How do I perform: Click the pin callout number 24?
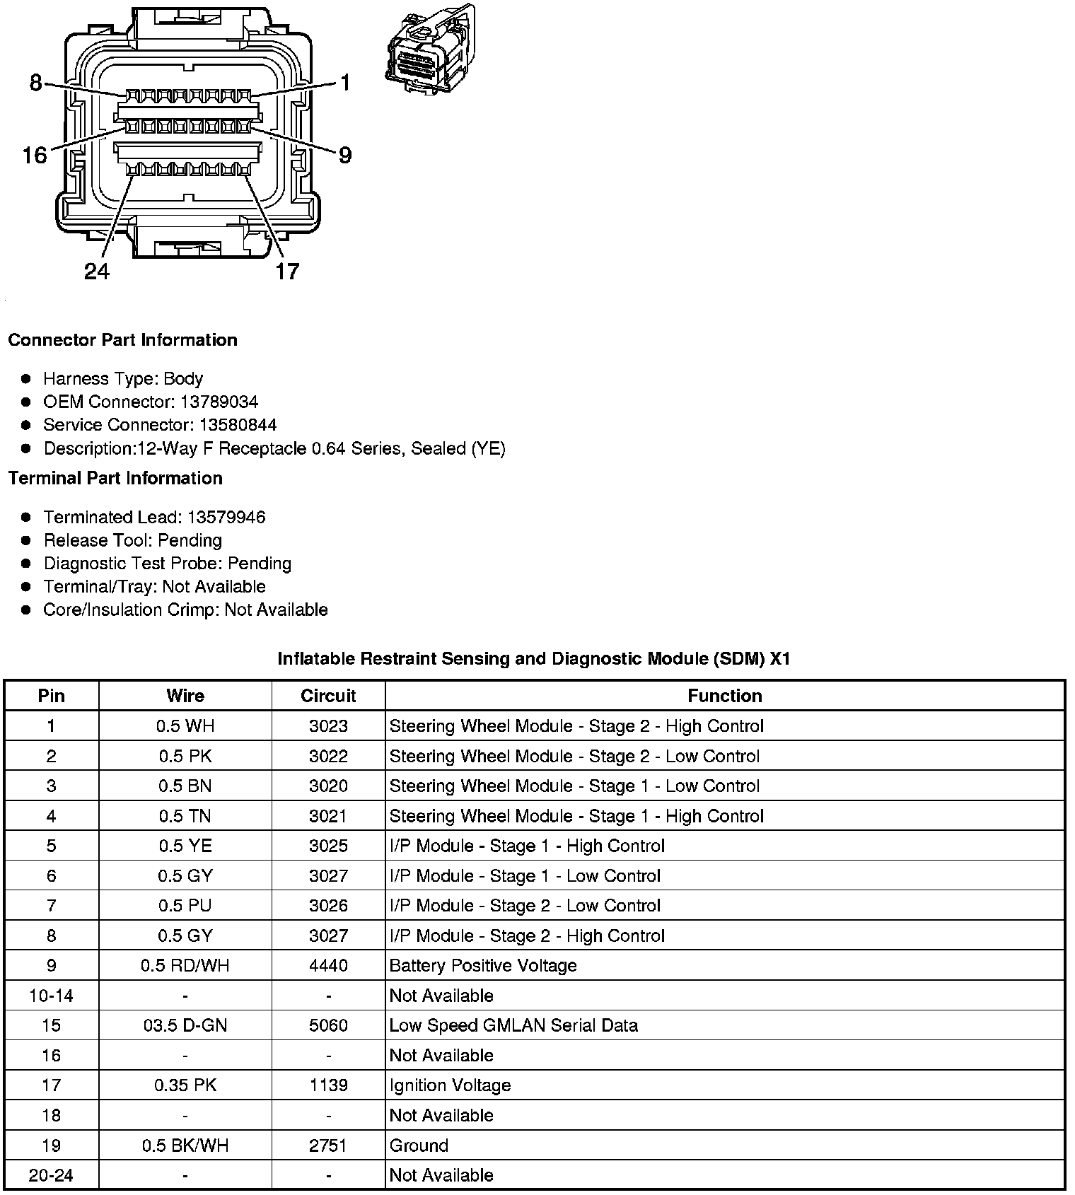[x=97, y=272]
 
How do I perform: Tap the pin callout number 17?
[x=287, y=272]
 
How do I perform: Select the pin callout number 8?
[x=35, y=83]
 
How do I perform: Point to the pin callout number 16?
[x=34, y=155]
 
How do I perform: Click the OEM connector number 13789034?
[x=219, y=402]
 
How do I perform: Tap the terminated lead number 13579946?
[x=226, y=518]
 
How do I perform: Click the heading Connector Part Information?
[x=122, y=340]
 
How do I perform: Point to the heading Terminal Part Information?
[x=115, y=479]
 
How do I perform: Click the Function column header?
[x=724, y=696]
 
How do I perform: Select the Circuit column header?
[x=328, y=696]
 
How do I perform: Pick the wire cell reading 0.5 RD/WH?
[x=185, y=966]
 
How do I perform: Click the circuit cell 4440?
[x=328, y=966]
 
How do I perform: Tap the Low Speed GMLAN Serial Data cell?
[x=513, y=1025]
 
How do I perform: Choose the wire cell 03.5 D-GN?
[x=185, y=1025]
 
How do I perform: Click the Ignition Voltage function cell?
[x=450, y=1085]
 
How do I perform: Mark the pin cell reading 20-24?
[x=51, y=1175]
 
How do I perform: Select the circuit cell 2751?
[x=328, y=1146]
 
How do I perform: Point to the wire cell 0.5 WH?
[x=185, y=726]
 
